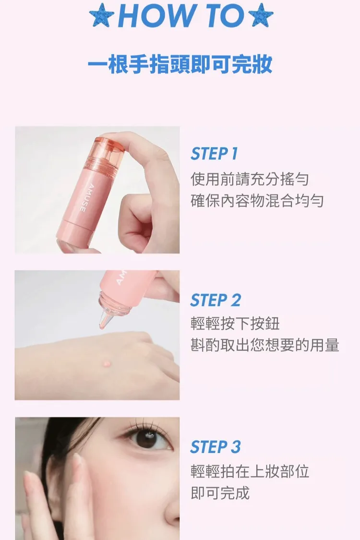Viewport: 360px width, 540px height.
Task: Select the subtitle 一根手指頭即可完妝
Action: [180, 64]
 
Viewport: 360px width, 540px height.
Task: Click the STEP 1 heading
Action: [214, 154]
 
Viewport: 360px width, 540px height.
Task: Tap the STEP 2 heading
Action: [216, 300]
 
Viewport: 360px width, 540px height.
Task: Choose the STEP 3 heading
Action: [216, 447]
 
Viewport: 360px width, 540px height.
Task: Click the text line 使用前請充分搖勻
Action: [250, 179]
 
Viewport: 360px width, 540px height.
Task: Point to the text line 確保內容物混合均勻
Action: [257, 201]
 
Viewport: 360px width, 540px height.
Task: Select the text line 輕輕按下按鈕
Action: [235, 324]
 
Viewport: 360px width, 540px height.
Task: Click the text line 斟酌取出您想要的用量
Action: [265, 345]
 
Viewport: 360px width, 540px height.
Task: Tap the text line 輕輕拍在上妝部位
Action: [250, 471]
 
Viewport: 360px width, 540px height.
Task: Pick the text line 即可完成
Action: [220, 493]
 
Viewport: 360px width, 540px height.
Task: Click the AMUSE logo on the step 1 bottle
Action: [83, 198]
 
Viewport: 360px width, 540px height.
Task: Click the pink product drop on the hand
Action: [107, 363]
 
